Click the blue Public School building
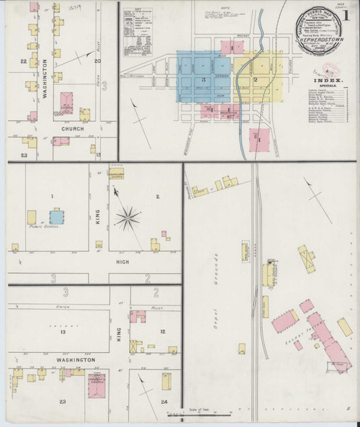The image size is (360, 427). [56, 216]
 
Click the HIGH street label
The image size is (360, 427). [123, 263]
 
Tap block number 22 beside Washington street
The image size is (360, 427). [24, 62]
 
